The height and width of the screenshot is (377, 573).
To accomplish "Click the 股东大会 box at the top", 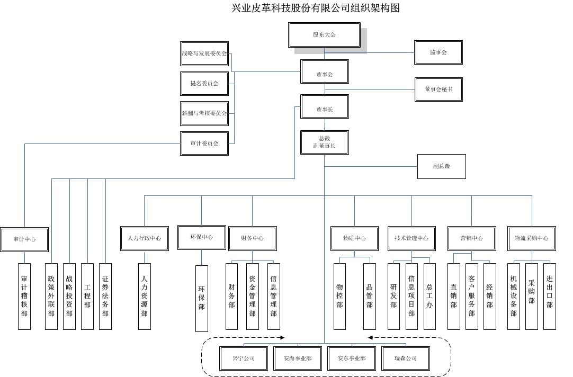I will pyautogui.click(x=324, y=35).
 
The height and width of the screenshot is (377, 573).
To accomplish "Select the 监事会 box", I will pyautogui.click(x=438, y=52).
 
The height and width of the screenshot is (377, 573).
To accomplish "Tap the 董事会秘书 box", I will pyautogui.click(x=438, y=89).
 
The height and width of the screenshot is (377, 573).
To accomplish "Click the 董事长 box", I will pyautogui.click(x=324, y=109).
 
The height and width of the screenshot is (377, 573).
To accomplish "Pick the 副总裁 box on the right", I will pyautogui.click(x=441, y=166).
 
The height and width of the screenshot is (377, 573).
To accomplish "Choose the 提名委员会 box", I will pyautogui.click(x=204, y=83).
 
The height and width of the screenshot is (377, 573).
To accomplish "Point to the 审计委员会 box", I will pyautogui.click(x=204, y=143).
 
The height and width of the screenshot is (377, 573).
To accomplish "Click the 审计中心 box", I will pyautogui.click(x=24, y=239).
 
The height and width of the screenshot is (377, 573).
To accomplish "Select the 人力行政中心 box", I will pyautogui.click(x=145, y=238).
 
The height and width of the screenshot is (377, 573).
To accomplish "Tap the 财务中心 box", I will pyautogui.click(x=252, y=238).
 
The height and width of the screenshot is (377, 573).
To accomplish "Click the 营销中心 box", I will pyautogui.click(x=471, y=238).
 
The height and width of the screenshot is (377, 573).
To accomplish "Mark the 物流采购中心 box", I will pyautogui.click(x=532, y=238).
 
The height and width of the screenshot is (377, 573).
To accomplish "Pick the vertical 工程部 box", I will pyautogui.click(x=87, y=296).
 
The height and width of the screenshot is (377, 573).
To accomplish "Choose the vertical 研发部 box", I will pyautogui.click(x=393, y=296).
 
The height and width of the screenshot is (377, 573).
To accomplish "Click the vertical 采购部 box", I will pyautogui.click(x=532, y=296).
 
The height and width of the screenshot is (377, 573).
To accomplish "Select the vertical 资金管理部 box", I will pyautogui.click(x=253, y=296).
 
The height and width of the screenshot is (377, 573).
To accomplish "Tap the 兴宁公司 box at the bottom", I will pyautogui.click(x=244, y=358).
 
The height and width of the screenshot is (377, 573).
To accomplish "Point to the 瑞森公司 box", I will pyautogui.click(x=406, y=358).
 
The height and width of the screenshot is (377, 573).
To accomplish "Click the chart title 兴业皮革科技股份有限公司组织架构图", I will pyautogui.click(x=315, y=8).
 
